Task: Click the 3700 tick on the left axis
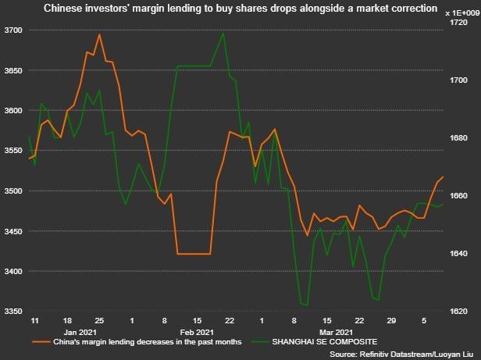pyautogui.click(x=12, y=30)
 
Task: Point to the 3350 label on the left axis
pyautogui.click(x=12, y=312)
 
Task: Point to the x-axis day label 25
pyautogui.click(x=99, y=321)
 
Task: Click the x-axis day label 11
pyautogui.click(x=34, y=321)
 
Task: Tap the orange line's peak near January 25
pyautogui.click(x=99, y=34)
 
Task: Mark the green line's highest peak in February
pyautogui.click(x=224, y=33)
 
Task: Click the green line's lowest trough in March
pyautogui.click(x=305, y=305)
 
